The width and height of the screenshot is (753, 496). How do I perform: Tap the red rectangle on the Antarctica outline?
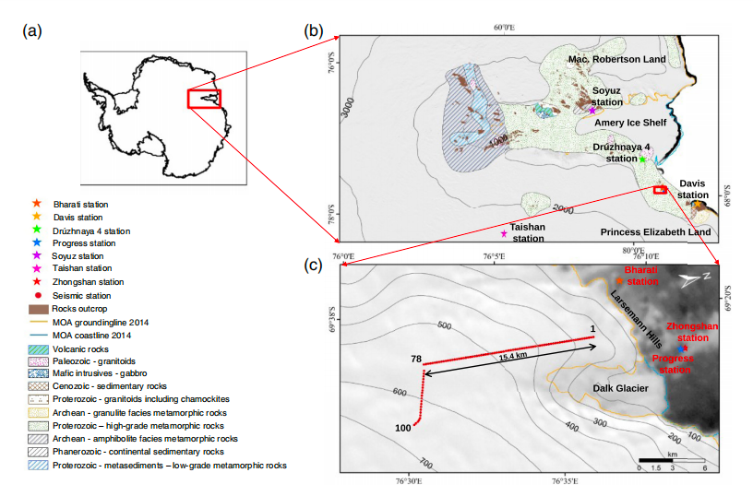point(204,99)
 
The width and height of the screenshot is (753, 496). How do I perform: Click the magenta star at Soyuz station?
point(592,111)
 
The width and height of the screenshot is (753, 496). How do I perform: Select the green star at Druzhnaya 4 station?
point(642,159)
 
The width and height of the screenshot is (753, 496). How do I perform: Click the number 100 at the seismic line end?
point(401,428)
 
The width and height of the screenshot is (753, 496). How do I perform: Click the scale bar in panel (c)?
point(672,458)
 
